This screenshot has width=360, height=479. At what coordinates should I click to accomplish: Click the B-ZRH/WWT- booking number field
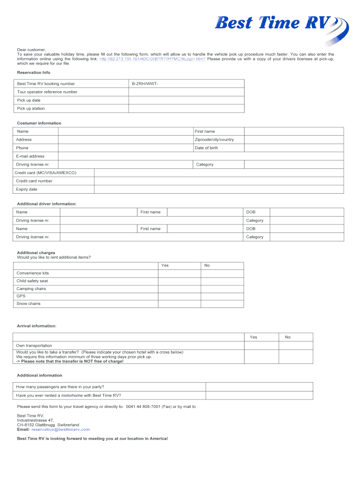tap(186, 84)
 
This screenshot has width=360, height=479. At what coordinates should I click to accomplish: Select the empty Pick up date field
tap(186, 100)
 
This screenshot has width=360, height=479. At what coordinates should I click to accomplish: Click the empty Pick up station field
tap(186, 109)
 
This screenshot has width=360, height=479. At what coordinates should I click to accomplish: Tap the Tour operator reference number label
tap(47, 92)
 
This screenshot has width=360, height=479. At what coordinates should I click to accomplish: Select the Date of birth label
tap(206, 148)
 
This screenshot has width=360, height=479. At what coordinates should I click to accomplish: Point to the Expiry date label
tap(27, 189)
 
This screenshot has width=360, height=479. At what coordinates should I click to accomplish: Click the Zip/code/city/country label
tap(214, 140)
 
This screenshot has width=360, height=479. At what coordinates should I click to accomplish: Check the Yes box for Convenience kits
tap(180, 273)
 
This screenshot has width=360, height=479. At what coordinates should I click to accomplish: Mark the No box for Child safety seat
tap(223, 281)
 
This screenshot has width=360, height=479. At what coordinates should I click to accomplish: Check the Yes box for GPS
tap(180, 296)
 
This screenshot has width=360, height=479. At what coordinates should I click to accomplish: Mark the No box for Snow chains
tap(223, 304)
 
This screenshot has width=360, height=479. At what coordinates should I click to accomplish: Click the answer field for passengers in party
tap(259, 387)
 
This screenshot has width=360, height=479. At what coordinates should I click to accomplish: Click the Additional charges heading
tap(36, 253)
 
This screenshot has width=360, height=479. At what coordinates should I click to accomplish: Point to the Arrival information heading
tap(37, 326)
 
